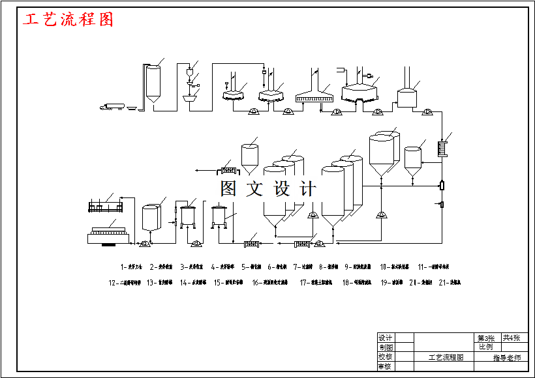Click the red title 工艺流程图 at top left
[69, 20]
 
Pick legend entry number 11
[433, 267]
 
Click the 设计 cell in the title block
[386, 338]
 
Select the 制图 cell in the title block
[386, 347]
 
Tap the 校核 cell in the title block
[386, 357]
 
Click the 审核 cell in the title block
[386, 366]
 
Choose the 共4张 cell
[512, 338]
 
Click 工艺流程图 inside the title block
[446, 357]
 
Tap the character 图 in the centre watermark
[228, 189]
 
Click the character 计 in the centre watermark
[307, 189]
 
